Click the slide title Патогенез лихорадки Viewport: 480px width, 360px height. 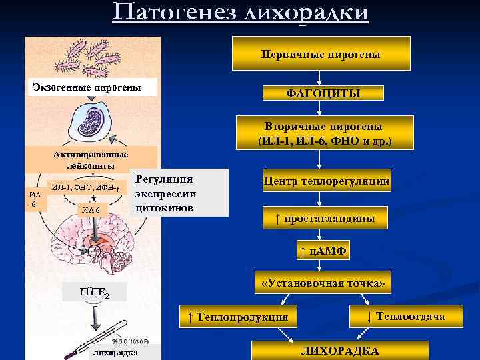(x=240, y=13)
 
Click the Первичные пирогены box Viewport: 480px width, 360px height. (x=321, y=53)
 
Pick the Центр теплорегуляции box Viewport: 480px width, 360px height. (x=327, y=181)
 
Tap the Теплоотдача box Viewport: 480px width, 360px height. (x=406, y=315)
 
